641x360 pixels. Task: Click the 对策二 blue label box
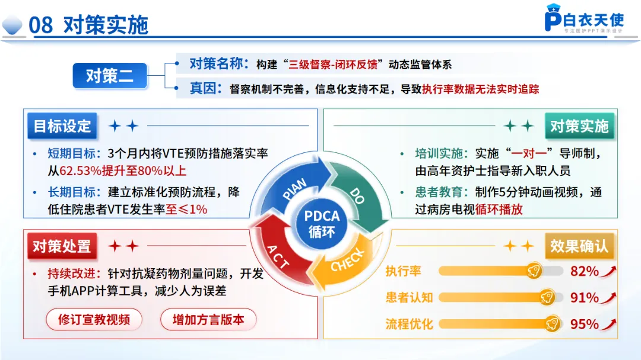110,75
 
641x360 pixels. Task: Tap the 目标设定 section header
62,126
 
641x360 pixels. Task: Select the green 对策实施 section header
579,126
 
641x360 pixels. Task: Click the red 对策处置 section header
62,246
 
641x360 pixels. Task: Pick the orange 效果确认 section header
579,246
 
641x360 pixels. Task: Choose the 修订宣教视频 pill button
94,319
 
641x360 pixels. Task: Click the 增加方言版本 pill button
208,319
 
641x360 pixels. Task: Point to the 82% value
584,271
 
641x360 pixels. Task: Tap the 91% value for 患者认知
584,297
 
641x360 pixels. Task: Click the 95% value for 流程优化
584,324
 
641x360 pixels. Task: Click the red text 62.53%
81,171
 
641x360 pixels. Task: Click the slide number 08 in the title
40,25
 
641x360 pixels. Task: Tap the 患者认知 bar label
409,297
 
